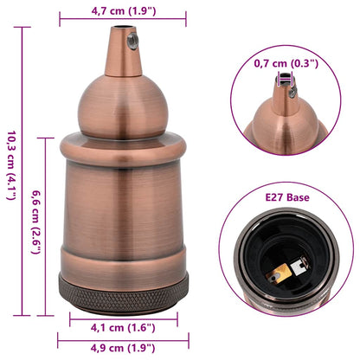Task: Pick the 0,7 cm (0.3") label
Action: click(x=286, y=63)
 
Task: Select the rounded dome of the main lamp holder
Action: click(x=122, y=104)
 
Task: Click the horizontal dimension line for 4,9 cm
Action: click(x=122, y=339)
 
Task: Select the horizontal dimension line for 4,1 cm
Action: click(x=123, y=317)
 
